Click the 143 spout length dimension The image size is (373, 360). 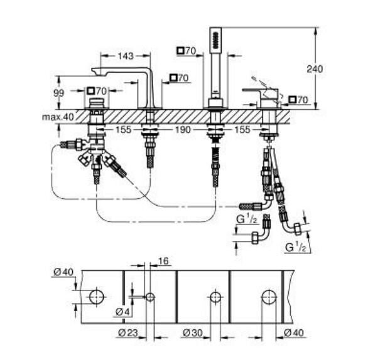click(x=126, y=56)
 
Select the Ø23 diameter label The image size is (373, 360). click(x=128, y=332)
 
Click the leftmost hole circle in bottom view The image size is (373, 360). click(x=96, y=297)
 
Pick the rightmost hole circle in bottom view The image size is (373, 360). click(x=268, y=297)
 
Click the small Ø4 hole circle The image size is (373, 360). click(x=150, y=297)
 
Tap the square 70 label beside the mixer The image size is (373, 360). click(x=298, y=99)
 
